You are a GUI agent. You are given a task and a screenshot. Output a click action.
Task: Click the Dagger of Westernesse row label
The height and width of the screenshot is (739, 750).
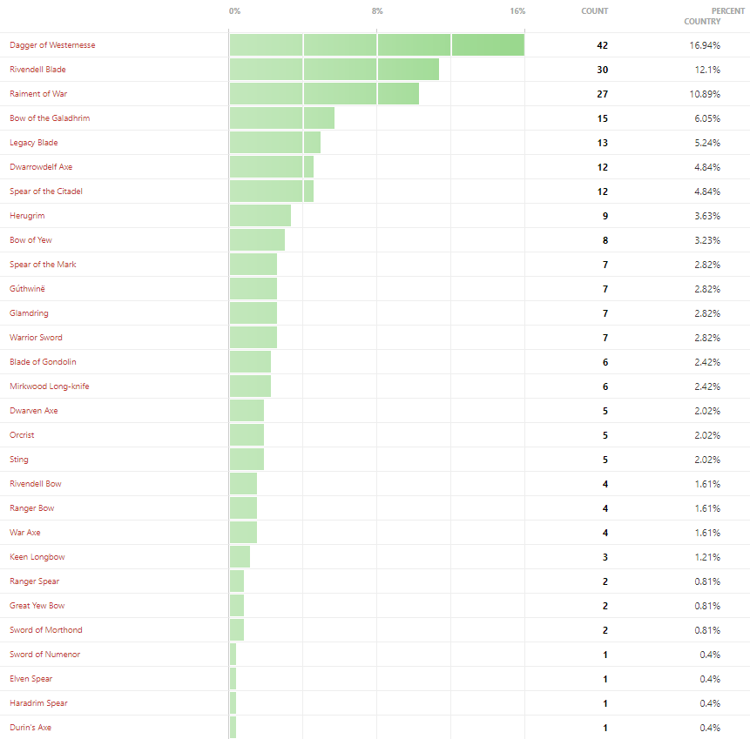(52, 44)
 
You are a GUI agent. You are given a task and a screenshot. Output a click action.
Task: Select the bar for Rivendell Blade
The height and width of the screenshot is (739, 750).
(334, 70)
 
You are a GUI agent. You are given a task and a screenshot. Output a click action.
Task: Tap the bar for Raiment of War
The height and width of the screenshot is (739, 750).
(324, 94)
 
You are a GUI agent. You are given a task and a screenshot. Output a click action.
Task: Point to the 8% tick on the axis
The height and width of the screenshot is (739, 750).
(377, 11)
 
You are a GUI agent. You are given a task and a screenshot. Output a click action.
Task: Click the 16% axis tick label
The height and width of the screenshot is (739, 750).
(518, 11)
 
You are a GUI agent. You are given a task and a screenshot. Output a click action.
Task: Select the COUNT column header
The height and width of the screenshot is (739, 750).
(595, 11)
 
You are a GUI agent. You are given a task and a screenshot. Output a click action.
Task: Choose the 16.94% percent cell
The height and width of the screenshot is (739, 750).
(704, 45)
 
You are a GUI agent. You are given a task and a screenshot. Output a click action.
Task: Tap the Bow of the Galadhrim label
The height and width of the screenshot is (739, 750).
(50, 118)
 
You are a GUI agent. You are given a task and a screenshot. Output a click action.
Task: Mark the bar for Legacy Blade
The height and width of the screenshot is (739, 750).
(275, 143)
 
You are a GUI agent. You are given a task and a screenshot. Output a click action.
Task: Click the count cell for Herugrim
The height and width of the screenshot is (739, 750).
(605, 216)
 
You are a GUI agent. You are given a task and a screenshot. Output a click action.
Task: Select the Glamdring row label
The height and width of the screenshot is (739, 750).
(30, 313)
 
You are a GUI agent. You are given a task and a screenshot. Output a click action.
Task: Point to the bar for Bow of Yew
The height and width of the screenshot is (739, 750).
(257, 240)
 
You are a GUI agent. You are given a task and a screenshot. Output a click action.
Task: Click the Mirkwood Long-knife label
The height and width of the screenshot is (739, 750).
(50, 386)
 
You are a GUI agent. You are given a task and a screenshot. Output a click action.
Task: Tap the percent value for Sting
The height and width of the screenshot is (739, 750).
(706, 460)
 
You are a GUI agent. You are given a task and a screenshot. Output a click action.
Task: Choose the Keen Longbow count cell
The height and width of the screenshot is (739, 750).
(605, 557)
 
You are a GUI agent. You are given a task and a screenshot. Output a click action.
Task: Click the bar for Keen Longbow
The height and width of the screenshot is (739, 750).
(240, 557)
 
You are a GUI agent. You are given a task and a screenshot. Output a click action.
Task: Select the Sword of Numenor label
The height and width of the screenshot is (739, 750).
(44, 655)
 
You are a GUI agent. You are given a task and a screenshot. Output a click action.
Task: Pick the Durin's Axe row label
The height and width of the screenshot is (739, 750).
(30, 728)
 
